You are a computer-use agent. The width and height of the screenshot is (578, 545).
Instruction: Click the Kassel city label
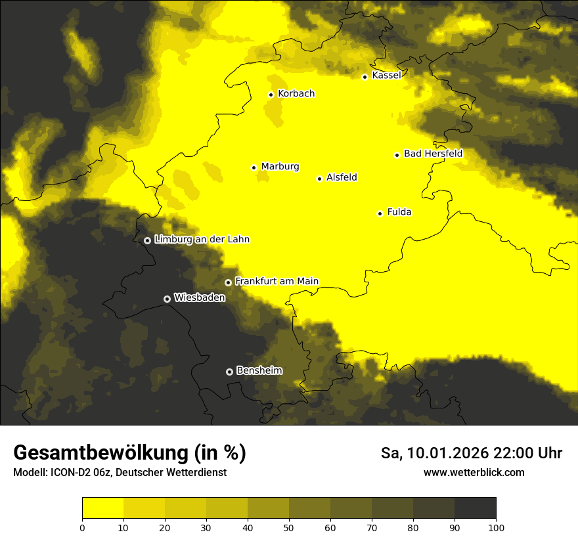386,76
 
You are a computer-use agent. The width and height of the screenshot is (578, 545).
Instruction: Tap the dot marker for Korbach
271,95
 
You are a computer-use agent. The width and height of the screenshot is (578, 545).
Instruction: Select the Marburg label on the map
280,167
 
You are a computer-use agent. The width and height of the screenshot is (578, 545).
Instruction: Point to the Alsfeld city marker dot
319,179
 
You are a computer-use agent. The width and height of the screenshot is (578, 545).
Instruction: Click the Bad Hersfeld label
433,154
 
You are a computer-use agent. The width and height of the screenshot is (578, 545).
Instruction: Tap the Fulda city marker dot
380,213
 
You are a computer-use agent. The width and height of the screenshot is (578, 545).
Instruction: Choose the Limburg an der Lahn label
202,240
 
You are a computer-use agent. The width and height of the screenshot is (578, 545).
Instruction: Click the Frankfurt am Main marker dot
228,282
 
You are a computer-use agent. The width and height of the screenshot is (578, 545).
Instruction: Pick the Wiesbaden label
200,297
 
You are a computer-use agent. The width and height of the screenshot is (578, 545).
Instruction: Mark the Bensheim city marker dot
229,372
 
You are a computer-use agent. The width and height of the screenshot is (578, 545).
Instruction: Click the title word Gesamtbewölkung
99,453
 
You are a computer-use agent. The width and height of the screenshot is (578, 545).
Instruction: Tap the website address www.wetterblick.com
474,473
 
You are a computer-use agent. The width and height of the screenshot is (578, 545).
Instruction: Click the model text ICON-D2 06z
79,473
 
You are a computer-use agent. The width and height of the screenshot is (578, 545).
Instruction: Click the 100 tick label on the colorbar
496,527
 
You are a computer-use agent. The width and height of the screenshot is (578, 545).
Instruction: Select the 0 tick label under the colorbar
82,527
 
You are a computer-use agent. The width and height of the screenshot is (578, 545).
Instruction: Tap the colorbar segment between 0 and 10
102,508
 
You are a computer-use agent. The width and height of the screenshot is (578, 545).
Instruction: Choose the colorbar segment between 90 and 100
475,508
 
